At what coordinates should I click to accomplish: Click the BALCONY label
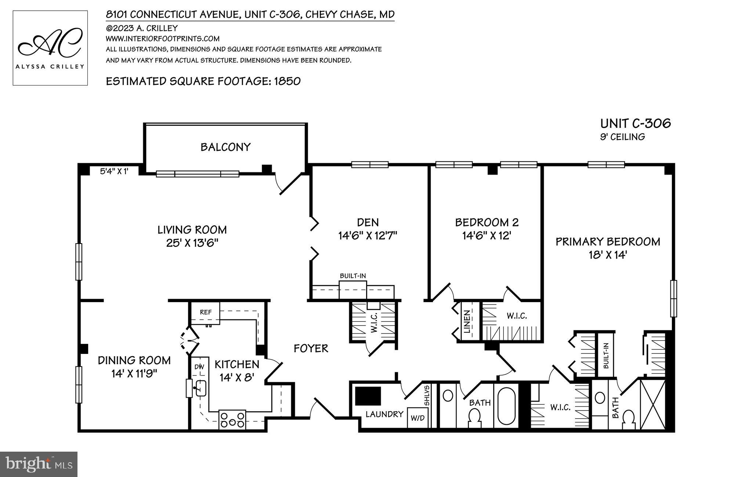point(225,147)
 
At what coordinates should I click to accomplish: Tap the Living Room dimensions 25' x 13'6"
point(192,243)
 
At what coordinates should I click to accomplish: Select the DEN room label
point(368,222)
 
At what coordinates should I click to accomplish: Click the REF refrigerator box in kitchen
point(206,312)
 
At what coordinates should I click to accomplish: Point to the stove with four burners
point(232,419)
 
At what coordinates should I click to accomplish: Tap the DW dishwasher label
point(199,366)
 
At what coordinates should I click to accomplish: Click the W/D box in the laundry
point(417,418)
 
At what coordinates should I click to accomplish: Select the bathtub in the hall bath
point(507,406)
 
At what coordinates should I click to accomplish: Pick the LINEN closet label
point(467,322)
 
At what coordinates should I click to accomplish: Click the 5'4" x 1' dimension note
point(114,171)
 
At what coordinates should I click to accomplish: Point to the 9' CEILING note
point(622,137)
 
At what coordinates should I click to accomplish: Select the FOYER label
point(311,348)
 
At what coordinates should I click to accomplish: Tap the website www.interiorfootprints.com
point(163,39)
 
